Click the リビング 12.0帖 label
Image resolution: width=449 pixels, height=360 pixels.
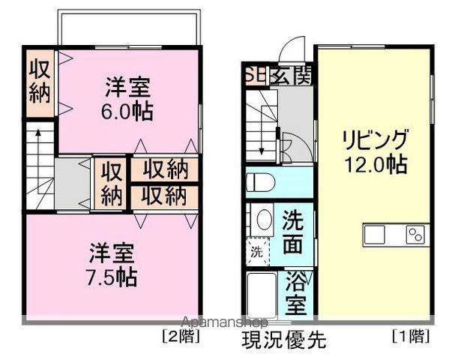pos(375,152)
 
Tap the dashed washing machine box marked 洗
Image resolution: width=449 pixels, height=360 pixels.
pos(256,251)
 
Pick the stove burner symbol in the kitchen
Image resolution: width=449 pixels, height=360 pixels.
pos(415,235)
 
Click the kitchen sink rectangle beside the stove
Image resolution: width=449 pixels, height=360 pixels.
pos(375,235)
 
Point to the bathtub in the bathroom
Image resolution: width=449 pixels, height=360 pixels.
pos(262,294)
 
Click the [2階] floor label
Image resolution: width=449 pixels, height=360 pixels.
pos(181,334)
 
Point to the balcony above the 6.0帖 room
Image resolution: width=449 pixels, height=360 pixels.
pos(129,29)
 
